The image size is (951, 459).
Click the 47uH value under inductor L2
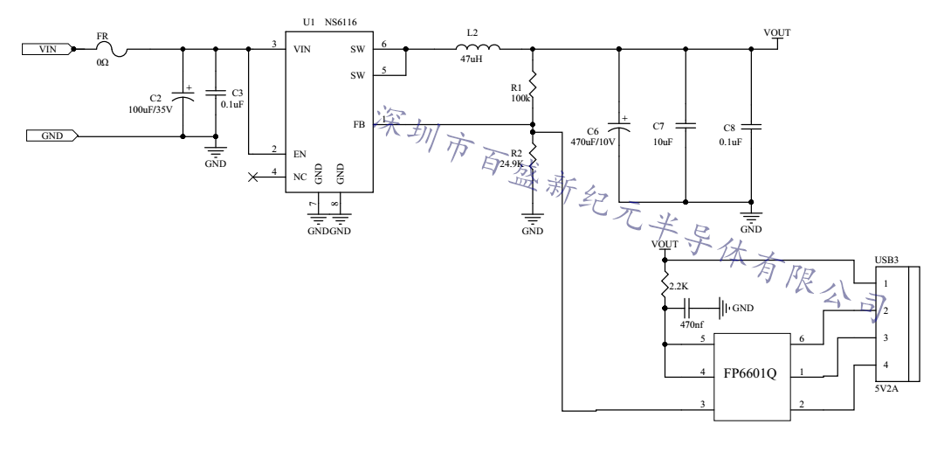tap(472, 61)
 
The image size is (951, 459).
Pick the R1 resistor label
tap(515, 87)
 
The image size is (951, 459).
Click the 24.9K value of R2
tap(512, 163)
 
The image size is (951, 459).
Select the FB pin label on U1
tap(358, 125)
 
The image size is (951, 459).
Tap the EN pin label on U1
tap(300, 154)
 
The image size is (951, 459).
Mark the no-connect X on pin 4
tap(253, 177)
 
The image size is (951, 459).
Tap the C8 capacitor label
tap(730, 126)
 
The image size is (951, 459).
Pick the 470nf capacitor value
tap(693, 324)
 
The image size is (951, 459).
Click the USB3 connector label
tap(889, 260)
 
